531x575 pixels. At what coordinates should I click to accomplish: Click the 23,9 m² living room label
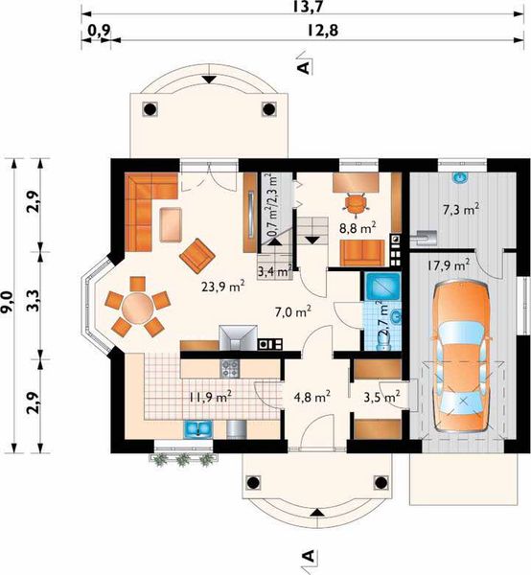tap(223, 286)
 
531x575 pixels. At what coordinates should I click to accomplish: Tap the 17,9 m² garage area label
tap(449, 264)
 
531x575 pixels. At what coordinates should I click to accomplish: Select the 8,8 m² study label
tap(358, 228)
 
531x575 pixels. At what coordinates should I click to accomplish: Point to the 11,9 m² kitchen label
tap(211, 397)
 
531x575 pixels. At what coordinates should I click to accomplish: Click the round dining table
tap(138, 308)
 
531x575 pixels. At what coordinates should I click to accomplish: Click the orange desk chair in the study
tap(357, 203)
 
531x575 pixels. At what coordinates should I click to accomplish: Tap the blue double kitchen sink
tap(198, 429)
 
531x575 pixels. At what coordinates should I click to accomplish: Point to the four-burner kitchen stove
tap(230, 369)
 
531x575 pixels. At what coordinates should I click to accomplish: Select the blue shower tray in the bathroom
tap(382, 286)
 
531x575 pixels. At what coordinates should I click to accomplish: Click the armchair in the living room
tap(196, 255)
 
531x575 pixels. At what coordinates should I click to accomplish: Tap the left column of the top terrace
tap(150, 109)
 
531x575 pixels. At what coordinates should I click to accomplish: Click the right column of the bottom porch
tap(381, 482)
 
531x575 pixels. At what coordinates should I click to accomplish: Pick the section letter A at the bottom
tap(309, 556)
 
